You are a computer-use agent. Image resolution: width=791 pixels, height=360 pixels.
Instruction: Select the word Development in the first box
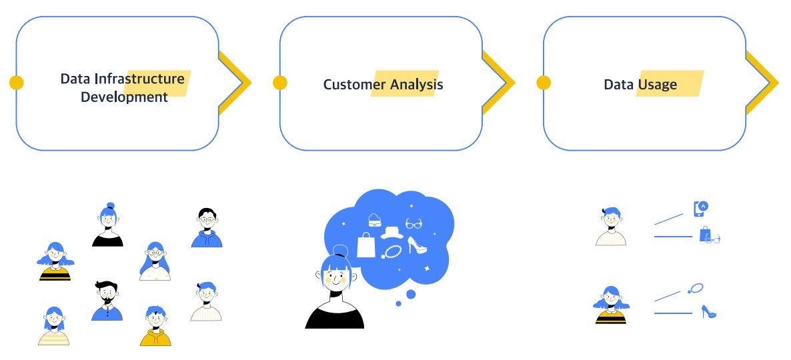tap(124, 97)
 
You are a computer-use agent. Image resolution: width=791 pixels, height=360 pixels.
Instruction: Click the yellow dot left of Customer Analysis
tap(280, 83)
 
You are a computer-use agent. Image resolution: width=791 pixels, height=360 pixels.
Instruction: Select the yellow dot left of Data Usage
tap(544, 83)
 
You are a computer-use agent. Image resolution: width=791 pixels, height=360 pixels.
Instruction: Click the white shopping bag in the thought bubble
tap(366, 245)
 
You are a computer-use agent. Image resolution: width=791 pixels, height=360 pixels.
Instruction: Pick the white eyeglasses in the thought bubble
tap(414, 223)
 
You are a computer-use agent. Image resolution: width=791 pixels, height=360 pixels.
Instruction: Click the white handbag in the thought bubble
tap(374, 219)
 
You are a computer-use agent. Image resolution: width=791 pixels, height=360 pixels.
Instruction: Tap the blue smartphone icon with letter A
tap(702, 208)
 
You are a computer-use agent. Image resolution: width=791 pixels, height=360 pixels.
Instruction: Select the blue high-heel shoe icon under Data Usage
tap(708, 311)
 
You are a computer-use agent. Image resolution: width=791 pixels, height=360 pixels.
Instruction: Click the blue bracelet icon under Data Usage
tap(696, 289)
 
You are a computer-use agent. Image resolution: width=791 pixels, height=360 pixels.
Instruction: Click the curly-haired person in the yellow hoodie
tap(155, 325)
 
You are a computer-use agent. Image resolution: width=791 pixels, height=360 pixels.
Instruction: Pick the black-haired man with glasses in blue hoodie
tap(207, 227)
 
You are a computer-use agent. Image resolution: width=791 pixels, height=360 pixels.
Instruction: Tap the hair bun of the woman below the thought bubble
tap(340, 251)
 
